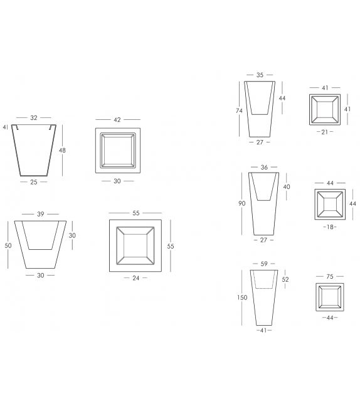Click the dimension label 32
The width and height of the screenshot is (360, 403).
34,118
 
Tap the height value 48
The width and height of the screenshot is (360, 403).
62,151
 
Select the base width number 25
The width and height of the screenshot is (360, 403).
34,182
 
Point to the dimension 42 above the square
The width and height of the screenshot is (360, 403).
117,120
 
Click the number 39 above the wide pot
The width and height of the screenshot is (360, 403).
41,214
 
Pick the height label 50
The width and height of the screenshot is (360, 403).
8,245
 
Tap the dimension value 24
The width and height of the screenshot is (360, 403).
136,278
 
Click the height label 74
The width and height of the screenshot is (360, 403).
239,110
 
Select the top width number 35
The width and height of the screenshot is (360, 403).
260,75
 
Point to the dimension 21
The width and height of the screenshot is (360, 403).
325,132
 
